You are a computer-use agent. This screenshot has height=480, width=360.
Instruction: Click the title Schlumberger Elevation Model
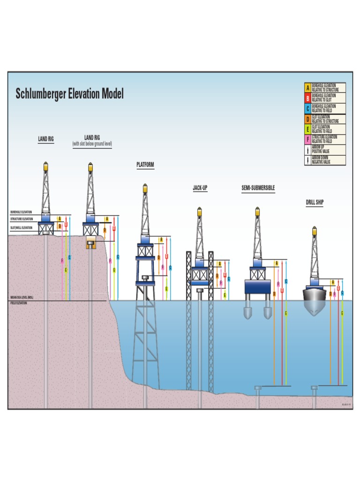(x=69, y=94)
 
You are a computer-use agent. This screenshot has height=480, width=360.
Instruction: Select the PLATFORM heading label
(x=145, y=165)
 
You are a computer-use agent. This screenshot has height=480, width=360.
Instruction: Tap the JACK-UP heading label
(x=200, y=188)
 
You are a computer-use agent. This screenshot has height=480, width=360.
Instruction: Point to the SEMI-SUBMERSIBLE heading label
(x=258, y=188)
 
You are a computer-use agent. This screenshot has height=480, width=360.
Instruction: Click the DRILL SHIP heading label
(x=315, y=202)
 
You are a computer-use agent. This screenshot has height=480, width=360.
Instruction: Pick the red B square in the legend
(x=307, y=98)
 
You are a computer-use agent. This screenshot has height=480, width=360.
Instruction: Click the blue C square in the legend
(x=307, y=109)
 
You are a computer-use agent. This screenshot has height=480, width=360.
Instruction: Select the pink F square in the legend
(x=307, y=140)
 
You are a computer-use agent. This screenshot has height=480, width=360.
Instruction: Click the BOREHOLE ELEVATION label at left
(x=21, y=212)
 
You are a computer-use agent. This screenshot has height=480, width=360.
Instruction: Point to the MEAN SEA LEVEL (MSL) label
(x=22, y=298)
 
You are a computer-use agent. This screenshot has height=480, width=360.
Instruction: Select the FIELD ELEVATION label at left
(x=19, y=303)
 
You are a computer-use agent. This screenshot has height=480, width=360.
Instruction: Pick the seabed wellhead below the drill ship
(x=315, y=388)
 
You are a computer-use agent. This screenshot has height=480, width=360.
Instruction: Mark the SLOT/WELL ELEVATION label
(x=22, y=228)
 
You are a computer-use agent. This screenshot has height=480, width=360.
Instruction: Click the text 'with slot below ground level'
(x=92, y=144)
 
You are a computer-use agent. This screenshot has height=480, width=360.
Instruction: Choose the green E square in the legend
(x=307, y=129)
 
